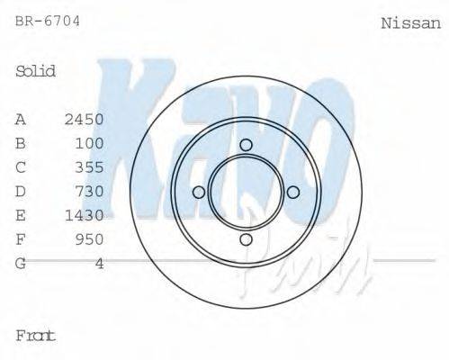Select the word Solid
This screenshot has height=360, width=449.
coord(36,72)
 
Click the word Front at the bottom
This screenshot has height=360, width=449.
coord(36,336)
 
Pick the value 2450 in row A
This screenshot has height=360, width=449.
coord(85,120)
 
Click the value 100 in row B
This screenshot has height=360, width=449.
coord(90,143)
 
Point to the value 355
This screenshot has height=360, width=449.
coord(90,167)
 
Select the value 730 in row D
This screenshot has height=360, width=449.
coord(90,192)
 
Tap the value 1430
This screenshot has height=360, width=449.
coord(85,215)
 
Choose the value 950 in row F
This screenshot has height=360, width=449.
coord(90,239)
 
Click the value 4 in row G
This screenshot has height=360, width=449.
coord(100,264)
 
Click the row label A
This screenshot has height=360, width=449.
coord(21,120)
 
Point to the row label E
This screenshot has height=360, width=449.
coord(21,215)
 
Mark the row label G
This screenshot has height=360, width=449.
coord(21,264)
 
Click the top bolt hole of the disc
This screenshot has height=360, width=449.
coord(246,145)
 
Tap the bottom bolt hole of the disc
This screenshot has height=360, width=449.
coord(246,238)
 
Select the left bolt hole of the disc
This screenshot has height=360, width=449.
coord(199,192)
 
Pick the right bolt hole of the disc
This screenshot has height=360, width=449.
coord(292,192)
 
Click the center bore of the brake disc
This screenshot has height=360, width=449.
coord(246,192)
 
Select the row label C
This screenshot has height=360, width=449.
coord(21,167)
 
